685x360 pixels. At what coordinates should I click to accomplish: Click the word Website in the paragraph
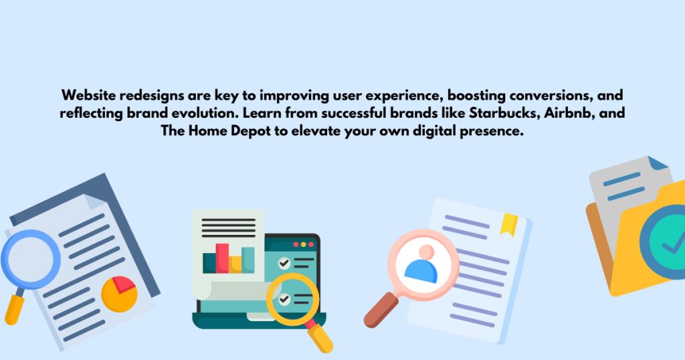click(88, 96)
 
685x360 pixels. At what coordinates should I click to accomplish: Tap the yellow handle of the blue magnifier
click(14, 308)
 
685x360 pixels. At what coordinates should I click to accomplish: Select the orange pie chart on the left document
click(119, 294)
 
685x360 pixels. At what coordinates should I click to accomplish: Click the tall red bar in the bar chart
click(222, 258)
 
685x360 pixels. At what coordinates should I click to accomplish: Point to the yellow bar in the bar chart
click(235, 264)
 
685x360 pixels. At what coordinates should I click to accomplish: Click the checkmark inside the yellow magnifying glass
click(285, 299)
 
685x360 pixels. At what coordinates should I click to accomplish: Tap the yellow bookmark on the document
click(510, 223)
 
